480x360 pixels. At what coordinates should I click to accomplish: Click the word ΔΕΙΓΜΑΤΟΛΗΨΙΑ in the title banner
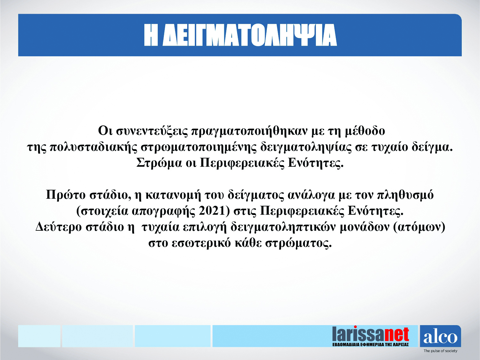coord(250,35)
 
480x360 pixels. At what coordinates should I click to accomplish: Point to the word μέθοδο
coord(365,131)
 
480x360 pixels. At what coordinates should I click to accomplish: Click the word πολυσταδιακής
coord(93,147)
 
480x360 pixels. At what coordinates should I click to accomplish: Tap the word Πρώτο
coord(66,195)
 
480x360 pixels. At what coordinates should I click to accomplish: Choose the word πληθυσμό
coord(406,195)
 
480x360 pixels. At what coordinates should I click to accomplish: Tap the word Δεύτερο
coord(58,227)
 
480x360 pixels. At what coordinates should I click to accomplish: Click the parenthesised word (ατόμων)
coord(419,227)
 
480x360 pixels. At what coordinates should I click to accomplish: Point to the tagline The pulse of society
coord(440,351)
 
